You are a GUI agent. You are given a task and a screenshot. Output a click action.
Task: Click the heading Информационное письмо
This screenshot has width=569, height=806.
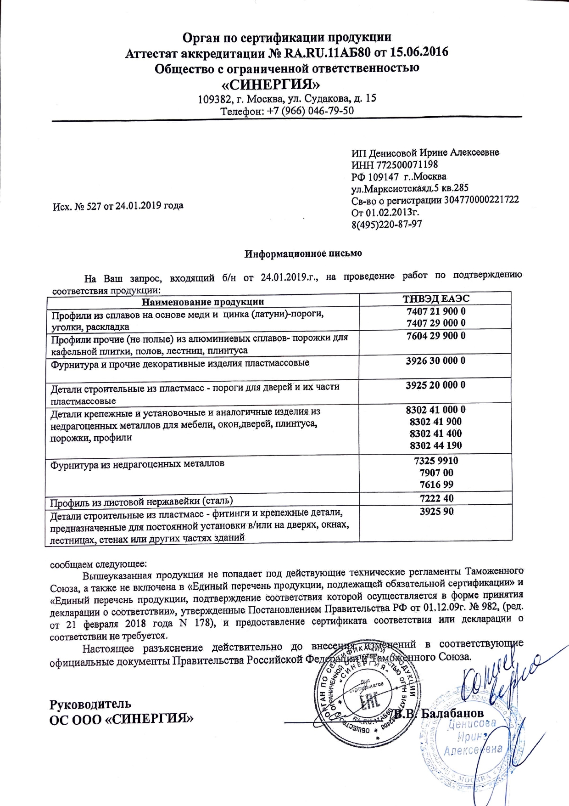[x=303, y=254]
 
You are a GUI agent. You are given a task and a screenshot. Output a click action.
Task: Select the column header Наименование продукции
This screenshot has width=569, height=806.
[x=203, y=302]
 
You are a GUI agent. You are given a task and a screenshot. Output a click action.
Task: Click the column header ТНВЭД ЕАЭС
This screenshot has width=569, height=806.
[x=436, y=299]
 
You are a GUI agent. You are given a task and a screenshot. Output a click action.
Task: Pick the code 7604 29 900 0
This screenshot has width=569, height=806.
[x=436, y=336]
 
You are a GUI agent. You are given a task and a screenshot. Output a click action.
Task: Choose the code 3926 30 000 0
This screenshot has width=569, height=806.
[x=435, y=361]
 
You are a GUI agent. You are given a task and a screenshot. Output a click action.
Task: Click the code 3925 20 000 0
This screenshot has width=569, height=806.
[x=435, y=385]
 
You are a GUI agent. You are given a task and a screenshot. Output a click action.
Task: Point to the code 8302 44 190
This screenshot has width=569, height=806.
[x=435, y=445]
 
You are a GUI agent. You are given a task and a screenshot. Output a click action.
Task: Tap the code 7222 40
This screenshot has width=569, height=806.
[x=436, y=498]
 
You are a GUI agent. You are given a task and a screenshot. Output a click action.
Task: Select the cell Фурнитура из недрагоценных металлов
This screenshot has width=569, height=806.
[x=138, y=464]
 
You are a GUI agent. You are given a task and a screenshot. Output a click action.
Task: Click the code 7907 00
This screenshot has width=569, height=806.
[x=436, y=473]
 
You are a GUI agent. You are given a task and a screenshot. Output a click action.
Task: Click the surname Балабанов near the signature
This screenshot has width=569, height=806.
[x=452, y=713]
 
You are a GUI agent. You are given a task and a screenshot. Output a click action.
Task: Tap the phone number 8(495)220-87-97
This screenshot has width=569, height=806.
[x=386, y=225]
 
